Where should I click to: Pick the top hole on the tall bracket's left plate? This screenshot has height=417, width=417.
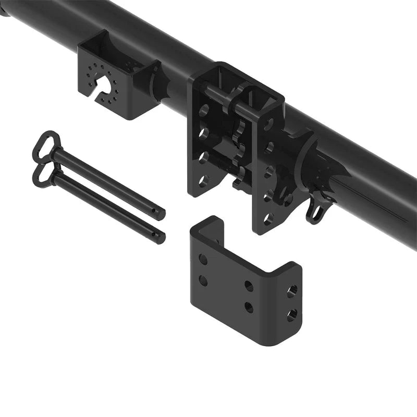204,111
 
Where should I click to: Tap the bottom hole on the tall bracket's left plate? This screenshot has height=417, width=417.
204,180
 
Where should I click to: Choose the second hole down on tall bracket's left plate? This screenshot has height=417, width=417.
204,133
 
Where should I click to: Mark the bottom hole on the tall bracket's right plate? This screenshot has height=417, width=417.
268,219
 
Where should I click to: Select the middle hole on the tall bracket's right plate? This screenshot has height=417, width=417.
268,172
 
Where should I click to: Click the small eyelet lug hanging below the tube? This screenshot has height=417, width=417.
315,212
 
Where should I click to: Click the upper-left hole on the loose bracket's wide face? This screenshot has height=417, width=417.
203,260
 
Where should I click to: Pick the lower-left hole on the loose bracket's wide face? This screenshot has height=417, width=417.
203,281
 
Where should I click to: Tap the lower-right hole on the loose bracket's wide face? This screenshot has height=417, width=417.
249,307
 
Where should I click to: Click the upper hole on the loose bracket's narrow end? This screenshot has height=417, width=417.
292,290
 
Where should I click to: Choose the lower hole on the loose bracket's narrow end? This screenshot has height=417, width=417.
292,314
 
